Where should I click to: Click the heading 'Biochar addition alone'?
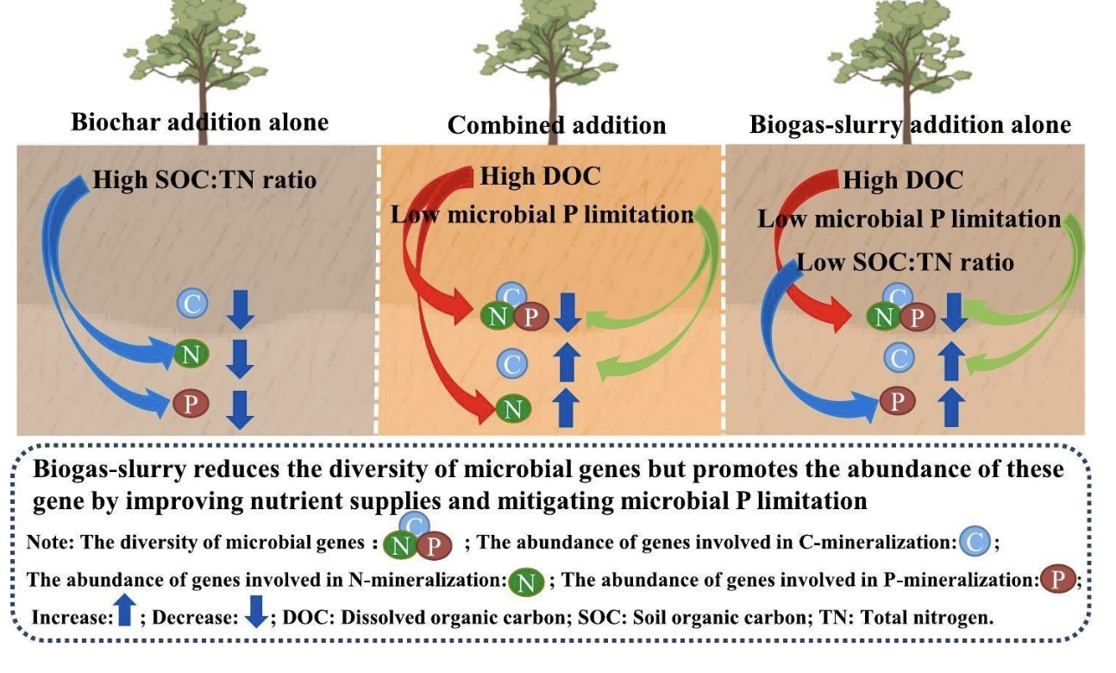click(199, 122)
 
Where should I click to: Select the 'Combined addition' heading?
click(556, 126)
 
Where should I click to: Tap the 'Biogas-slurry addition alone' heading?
click(910, 126)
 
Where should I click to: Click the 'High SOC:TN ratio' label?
click(204, 181)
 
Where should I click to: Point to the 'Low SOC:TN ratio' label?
click(905, 261)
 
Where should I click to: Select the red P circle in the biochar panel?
click(190, 403)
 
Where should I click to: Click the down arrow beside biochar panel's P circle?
click(241, 408)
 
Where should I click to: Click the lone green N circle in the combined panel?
click(512, 408)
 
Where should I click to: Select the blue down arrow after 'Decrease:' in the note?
click(256, 614)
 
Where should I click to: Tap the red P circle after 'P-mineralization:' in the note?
click(1056, 579)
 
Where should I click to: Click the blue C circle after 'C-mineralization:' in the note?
click(974, 544)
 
